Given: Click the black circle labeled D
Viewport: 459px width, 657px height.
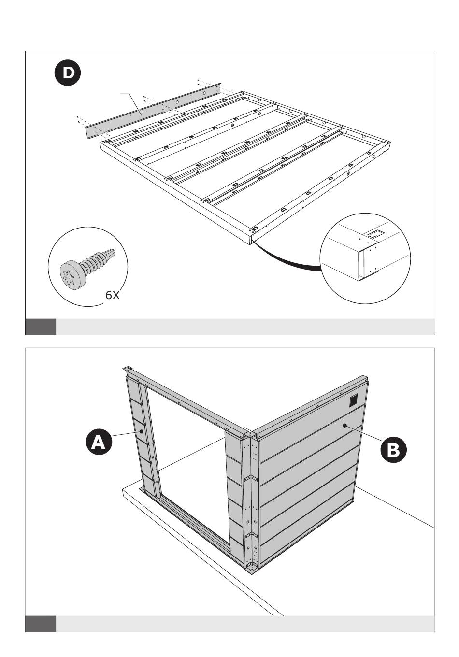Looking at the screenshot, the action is [x=68, y=72].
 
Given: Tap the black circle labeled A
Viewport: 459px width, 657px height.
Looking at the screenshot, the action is [x=99, y=442].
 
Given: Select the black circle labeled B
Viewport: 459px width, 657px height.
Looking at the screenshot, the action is [x=393, y=449].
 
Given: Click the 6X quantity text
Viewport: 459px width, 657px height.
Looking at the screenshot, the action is [x=113, y=295].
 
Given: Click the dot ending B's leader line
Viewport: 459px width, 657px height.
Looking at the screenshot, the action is [x=344, y=425].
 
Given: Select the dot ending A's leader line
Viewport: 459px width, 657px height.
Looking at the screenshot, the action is [x=142, y=431].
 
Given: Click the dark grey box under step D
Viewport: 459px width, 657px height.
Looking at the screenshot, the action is [x=41, y=327].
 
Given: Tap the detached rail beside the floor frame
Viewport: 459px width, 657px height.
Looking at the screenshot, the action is [x=153, y=111].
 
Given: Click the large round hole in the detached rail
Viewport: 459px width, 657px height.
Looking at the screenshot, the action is [x=177, y=102].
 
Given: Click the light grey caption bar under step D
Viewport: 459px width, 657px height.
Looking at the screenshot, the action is [x=245, y=327].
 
